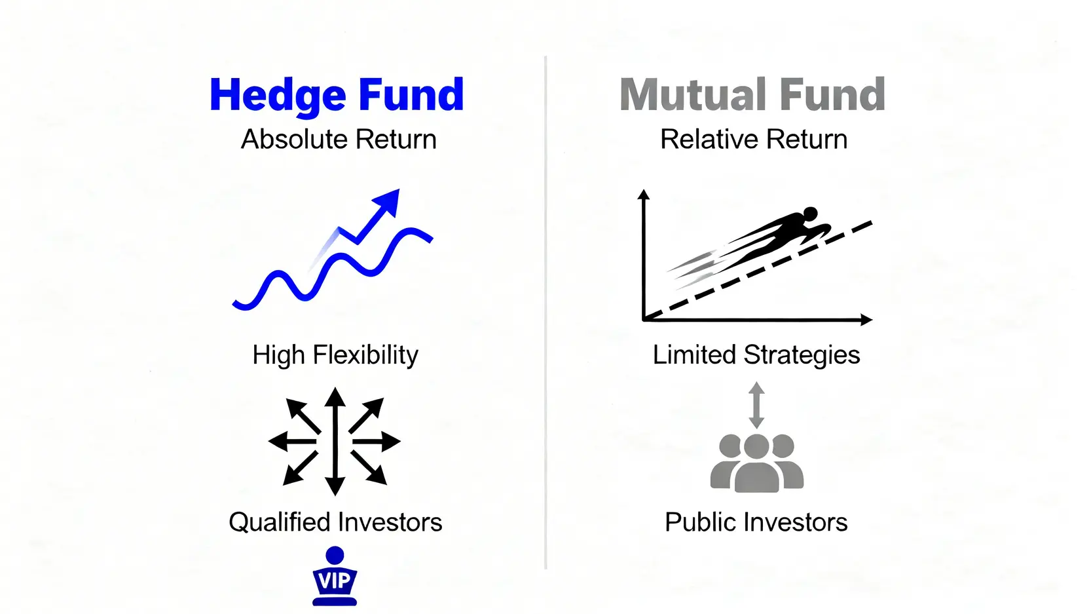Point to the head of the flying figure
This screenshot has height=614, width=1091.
point(810,214)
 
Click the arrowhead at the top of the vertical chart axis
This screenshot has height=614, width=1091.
point(644,195)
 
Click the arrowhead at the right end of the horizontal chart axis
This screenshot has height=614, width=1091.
point(866,320)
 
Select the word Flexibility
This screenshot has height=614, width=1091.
point(365,355)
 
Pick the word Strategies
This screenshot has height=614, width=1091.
point(802,355)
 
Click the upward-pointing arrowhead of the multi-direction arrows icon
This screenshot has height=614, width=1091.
point(335,396)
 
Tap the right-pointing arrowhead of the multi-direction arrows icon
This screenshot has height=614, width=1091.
point(391,442)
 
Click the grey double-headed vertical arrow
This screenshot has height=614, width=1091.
point(756,405)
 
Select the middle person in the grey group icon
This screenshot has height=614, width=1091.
point(756,463)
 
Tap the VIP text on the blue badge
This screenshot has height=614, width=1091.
point(334,581)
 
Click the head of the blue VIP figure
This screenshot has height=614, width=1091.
point(335,556)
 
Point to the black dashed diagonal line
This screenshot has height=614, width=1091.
point(758,271)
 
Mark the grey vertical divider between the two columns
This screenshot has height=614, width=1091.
point(545,312)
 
